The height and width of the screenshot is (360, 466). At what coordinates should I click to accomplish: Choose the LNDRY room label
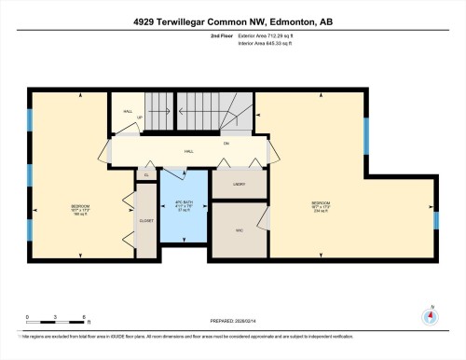(x=227, y=185)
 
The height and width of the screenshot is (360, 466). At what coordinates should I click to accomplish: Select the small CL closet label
(x=145, y=175)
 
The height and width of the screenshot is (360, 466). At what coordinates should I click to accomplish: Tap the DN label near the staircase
(x=226, y=143)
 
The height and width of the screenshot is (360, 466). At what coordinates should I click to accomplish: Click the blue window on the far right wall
(x=435, y=220)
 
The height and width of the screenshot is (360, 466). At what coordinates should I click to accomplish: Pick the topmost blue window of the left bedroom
(x=29, y=119)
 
